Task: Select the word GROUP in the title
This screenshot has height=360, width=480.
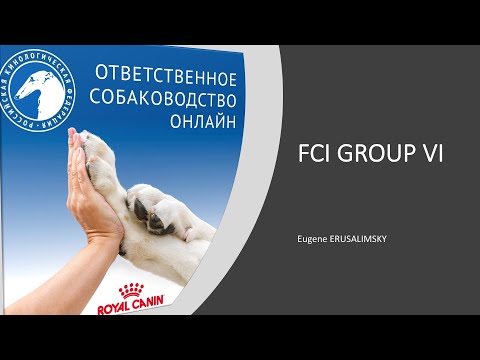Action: (379, 156)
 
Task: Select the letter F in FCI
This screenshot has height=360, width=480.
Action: (305, 156)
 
